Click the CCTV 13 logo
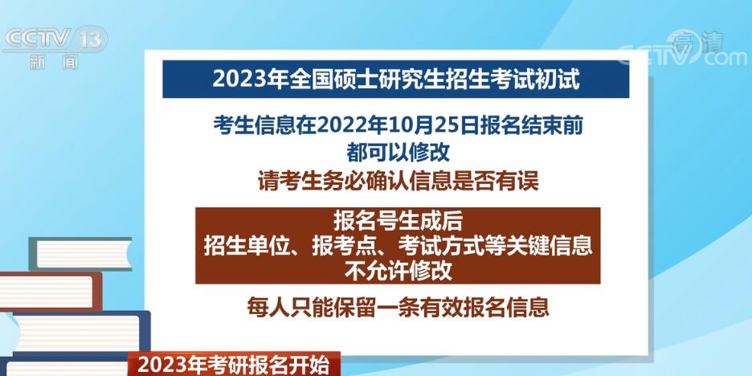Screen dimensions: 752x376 pyautogui.click(x=55, y=39)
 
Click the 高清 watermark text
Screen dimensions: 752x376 pyautogui.click(x=696, y=42)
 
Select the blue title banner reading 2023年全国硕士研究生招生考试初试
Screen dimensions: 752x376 pyautogui.click(x=395, y=79)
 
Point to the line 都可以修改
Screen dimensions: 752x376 pyautogui.click(x=398, y=153)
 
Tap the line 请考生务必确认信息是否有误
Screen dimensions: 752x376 pyautogui.click(x=398, y=182)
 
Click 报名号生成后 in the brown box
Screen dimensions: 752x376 pyautogui.click(x=398, y=221)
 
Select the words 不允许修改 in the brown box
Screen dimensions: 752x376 pyautogui.click(x=398, y=272)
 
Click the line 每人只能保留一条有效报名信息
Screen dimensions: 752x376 pyautogui.click(x=398, y=308)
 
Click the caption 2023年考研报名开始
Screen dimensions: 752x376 pyautogui.click(x=234, y=366)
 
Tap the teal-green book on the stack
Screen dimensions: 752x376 pyautogui.click(x=80, y=254)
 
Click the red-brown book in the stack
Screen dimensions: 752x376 pyautogui.click(x=51, y=291)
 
